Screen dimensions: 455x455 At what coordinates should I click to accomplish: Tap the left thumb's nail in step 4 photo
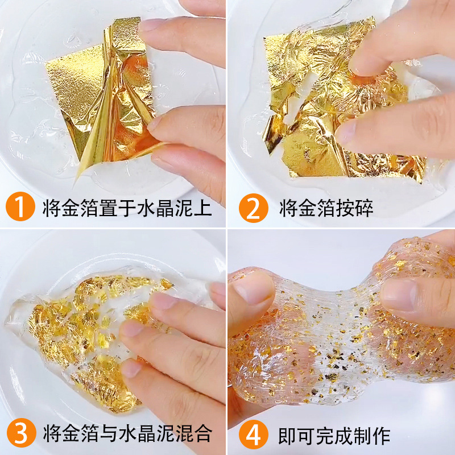(249, 291)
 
